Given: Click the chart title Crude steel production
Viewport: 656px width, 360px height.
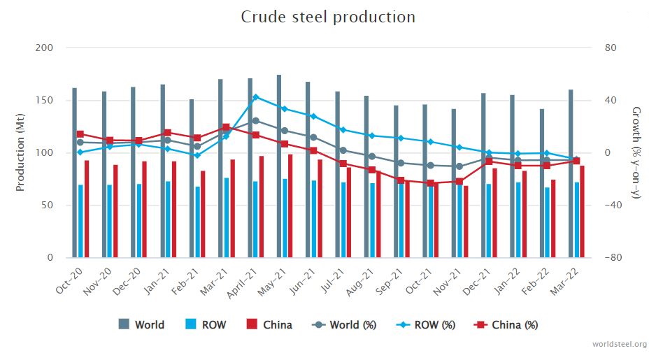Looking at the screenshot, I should click(328, 17).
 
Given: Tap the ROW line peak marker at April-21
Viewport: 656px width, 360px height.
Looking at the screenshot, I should click(256, 97).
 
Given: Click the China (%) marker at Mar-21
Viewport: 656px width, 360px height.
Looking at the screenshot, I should click(226, 127).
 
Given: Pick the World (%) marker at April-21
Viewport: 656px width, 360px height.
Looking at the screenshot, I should click(256, 121).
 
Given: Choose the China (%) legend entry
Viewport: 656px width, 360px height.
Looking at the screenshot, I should click(506, 324).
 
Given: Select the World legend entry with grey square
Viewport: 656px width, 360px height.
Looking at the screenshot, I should click(142, 324).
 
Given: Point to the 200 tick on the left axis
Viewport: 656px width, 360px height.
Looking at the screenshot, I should click(44, 48).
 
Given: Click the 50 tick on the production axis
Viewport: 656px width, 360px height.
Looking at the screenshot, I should click(47, 206).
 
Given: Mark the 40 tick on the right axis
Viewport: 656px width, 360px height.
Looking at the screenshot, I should click(611, 101).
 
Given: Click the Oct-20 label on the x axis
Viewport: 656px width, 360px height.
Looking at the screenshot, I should click(66, 280).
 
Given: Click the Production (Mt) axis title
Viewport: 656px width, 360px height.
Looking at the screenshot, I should click(20, 153).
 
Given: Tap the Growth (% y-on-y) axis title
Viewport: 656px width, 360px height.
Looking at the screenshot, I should click(636, 153).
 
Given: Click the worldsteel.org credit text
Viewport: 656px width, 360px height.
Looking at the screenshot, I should click(619, 345).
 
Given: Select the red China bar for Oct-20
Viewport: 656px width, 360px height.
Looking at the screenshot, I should click(87, 209).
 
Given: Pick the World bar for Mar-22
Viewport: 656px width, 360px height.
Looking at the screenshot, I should click(571, 174).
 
